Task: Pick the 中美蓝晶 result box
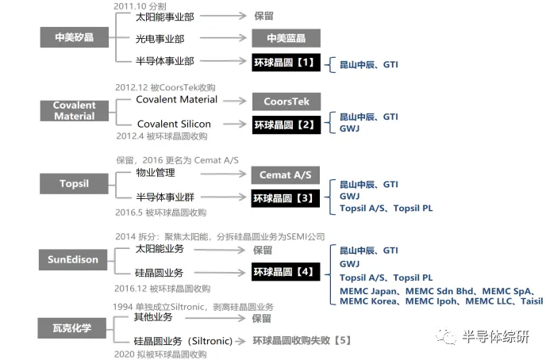point(286,38)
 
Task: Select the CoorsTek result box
point(286,101)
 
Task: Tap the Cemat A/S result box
point(286,174)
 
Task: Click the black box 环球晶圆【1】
point(286,61)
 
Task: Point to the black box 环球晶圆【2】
point(286,124)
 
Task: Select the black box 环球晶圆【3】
point(286,197)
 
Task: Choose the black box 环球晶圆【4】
point(286,272)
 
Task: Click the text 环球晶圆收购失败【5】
point(301,341)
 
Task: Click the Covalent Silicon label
point(174,124)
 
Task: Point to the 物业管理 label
point(156,172)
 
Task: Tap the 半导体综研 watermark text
point(495,337)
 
